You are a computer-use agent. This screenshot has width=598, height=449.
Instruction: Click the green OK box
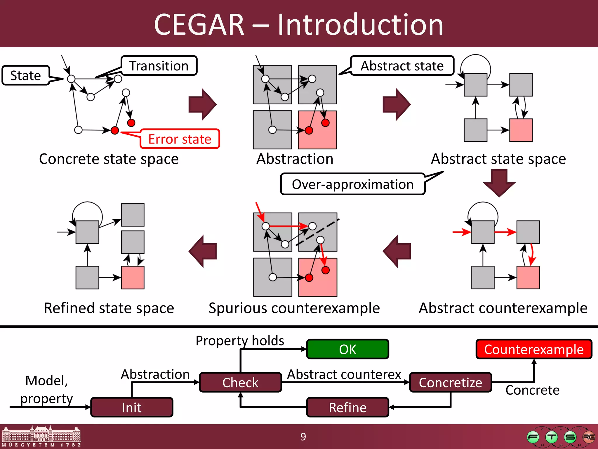point(347,349)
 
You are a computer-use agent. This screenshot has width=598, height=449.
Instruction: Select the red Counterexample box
point(534,349)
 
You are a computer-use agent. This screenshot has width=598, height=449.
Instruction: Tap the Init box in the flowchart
point(132,407)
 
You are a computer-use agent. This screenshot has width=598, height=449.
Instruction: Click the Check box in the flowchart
point(240,382)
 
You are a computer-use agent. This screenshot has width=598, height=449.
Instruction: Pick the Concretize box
point(451,382)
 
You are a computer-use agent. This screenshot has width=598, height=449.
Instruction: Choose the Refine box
point(347,407)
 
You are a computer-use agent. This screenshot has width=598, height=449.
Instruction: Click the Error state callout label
point(180,139)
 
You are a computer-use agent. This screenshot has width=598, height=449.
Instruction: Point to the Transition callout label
point(159,66)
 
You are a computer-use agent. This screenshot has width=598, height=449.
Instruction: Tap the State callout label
point(26,75)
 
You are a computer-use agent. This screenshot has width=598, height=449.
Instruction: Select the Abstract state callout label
point(402,66)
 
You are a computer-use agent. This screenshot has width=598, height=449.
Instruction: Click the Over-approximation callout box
point(353,184)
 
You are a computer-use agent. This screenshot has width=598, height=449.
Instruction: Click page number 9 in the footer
point(303,437)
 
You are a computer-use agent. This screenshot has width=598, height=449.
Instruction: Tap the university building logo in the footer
point(41,436)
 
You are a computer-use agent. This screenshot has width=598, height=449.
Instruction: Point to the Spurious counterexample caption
point(294,308)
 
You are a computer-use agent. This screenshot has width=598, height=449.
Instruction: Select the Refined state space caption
point(109,308)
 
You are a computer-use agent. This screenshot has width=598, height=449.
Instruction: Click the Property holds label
point(240,341)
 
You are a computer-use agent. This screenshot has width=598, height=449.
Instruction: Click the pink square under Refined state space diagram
point(133,277)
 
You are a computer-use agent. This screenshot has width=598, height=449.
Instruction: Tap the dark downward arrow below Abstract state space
point(499,183)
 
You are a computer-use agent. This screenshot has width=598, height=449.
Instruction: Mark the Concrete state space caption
point(109,159)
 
